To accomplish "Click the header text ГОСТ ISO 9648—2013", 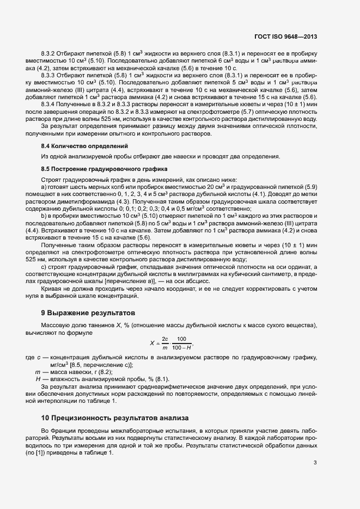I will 285,37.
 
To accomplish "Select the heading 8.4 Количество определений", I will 84,146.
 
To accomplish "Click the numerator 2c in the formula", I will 164,339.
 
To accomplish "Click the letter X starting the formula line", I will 152,343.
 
